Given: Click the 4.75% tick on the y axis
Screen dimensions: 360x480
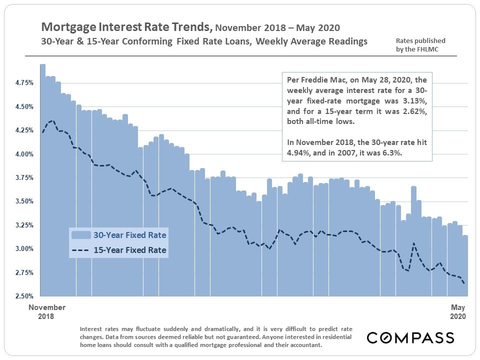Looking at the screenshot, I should [23, 82].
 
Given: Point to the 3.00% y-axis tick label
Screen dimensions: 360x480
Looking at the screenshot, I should [23, 248].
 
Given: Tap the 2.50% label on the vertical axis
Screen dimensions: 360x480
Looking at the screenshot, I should [23, 296].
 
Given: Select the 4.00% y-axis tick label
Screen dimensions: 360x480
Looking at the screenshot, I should [23, 154].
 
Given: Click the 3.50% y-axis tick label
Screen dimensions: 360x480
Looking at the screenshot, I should [23, 201].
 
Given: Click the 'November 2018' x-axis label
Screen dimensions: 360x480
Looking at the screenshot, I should [47, 311].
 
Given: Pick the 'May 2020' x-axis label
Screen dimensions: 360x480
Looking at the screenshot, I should [457, 311].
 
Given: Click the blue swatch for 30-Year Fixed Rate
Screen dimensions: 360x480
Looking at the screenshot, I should [80, 234].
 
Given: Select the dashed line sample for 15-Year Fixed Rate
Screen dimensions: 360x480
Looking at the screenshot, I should [80, 250].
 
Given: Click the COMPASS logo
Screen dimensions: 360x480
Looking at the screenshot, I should [410, 337].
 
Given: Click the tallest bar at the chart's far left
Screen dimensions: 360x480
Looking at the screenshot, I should [42, 180].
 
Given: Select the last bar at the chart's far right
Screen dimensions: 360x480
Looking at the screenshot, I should [465, 265].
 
